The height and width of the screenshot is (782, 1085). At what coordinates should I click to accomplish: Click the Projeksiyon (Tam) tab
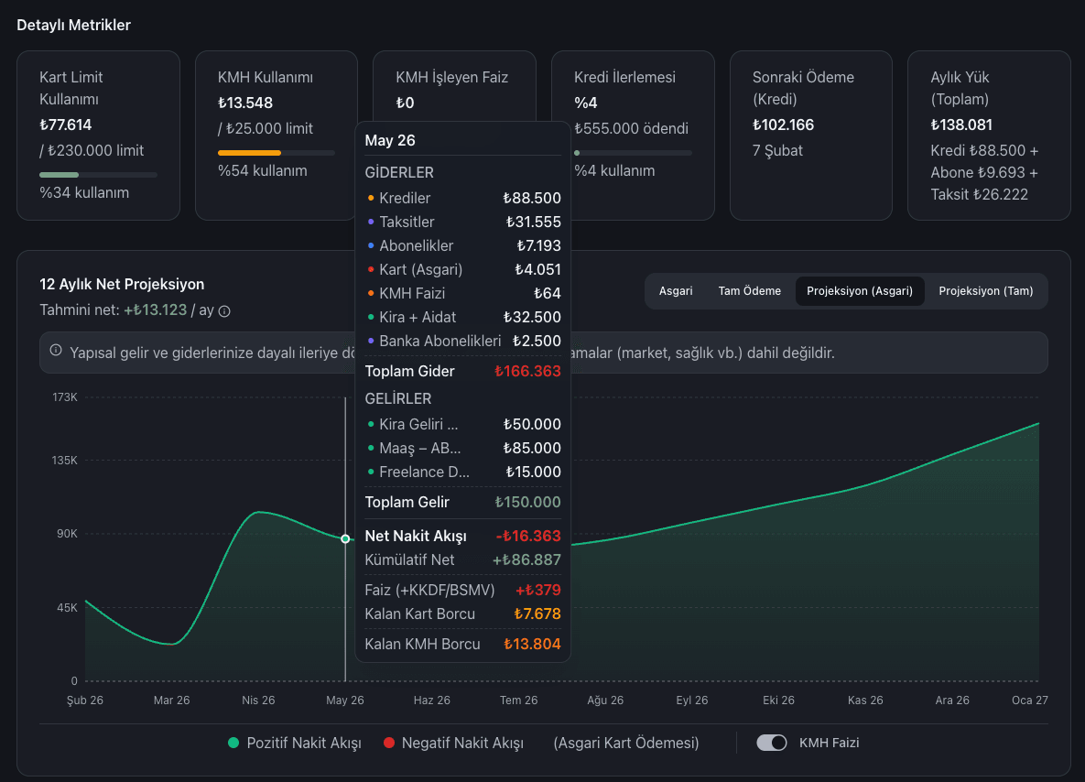[985, 291]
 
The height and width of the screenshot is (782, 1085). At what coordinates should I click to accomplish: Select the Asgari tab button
[675, 291]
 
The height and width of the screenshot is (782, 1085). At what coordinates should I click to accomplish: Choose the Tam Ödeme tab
[749, 291]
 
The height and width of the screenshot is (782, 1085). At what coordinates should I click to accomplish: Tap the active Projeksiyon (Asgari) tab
[859, 291]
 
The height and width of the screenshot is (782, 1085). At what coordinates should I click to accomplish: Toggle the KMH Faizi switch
[772, 743]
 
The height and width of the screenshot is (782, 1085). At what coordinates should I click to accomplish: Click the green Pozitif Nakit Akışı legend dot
[233, 743]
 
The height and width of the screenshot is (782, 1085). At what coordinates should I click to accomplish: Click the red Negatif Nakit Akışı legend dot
[389, 743]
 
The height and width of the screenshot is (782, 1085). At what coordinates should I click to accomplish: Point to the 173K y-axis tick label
[65, 397]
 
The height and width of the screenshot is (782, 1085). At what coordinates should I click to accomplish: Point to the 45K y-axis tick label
[67, 607]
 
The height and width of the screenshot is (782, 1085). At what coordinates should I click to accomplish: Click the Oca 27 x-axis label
[1029, 701]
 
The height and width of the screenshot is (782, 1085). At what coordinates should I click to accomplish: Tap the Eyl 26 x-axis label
[691, 701]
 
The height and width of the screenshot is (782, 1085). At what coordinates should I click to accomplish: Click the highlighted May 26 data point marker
[345, 539]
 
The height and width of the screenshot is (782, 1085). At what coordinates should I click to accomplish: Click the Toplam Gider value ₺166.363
[527, 372]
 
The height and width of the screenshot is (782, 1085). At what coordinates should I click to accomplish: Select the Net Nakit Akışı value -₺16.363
[528, 537]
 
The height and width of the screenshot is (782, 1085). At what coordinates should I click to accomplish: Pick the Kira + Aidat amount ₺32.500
[532, 317]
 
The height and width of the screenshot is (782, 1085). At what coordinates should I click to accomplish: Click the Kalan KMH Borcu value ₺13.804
[532, 645]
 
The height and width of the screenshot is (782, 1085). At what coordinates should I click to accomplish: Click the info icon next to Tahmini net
[224, 311]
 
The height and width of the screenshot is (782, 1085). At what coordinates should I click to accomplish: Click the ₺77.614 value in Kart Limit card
[66, 125]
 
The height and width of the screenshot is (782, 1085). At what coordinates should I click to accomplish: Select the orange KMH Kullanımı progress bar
[250, 153]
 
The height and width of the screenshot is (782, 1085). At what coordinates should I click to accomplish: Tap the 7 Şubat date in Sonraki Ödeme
[777, 150]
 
